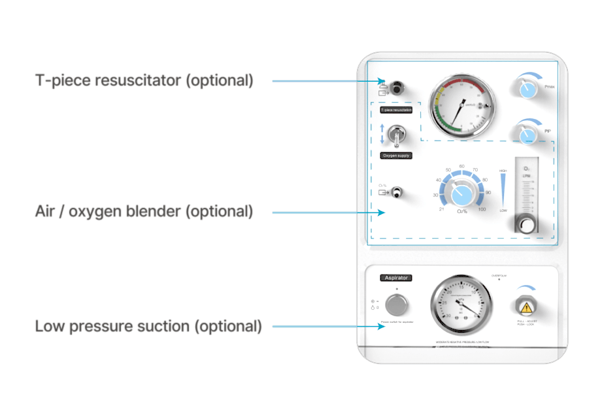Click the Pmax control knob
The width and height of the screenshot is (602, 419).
(x=527, y=89)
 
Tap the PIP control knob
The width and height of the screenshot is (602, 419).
(x=527, y=133)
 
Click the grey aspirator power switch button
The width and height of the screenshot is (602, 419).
(x=395, y=304)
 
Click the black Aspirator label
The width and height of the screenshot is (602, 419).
(x=396, y=278)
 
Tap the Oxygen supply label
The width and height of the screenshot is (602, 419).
(x=396, y=156)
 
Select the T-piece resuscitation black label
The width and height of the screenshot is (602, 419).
(x=396, y=110)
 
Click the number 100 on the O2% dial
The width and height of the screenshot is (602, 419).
(x=482, y=209)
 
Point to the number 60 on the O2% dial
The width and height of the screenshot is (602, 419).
(x=462, y=167)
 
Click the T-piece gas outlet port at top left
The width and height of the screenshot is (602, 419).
(x=396, y=85)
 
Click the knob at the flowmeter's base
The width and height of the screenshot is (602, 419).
(x=526, y=226)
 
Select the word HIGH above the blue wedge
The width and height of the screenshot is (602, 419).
(x=503, y=171)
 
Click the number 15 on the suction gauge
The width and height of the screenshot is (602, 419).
(x=461, y=287)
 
